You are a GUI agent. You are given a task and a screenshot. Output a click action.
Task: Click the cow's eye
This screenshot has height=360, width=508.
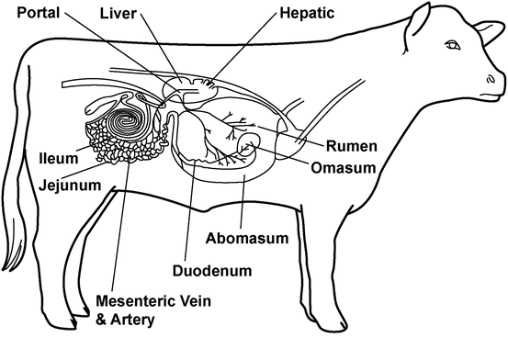pos(453,45)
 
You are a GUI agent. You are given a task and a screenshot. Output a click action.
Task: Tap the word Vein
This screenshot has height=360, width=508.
pos(192,301)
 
